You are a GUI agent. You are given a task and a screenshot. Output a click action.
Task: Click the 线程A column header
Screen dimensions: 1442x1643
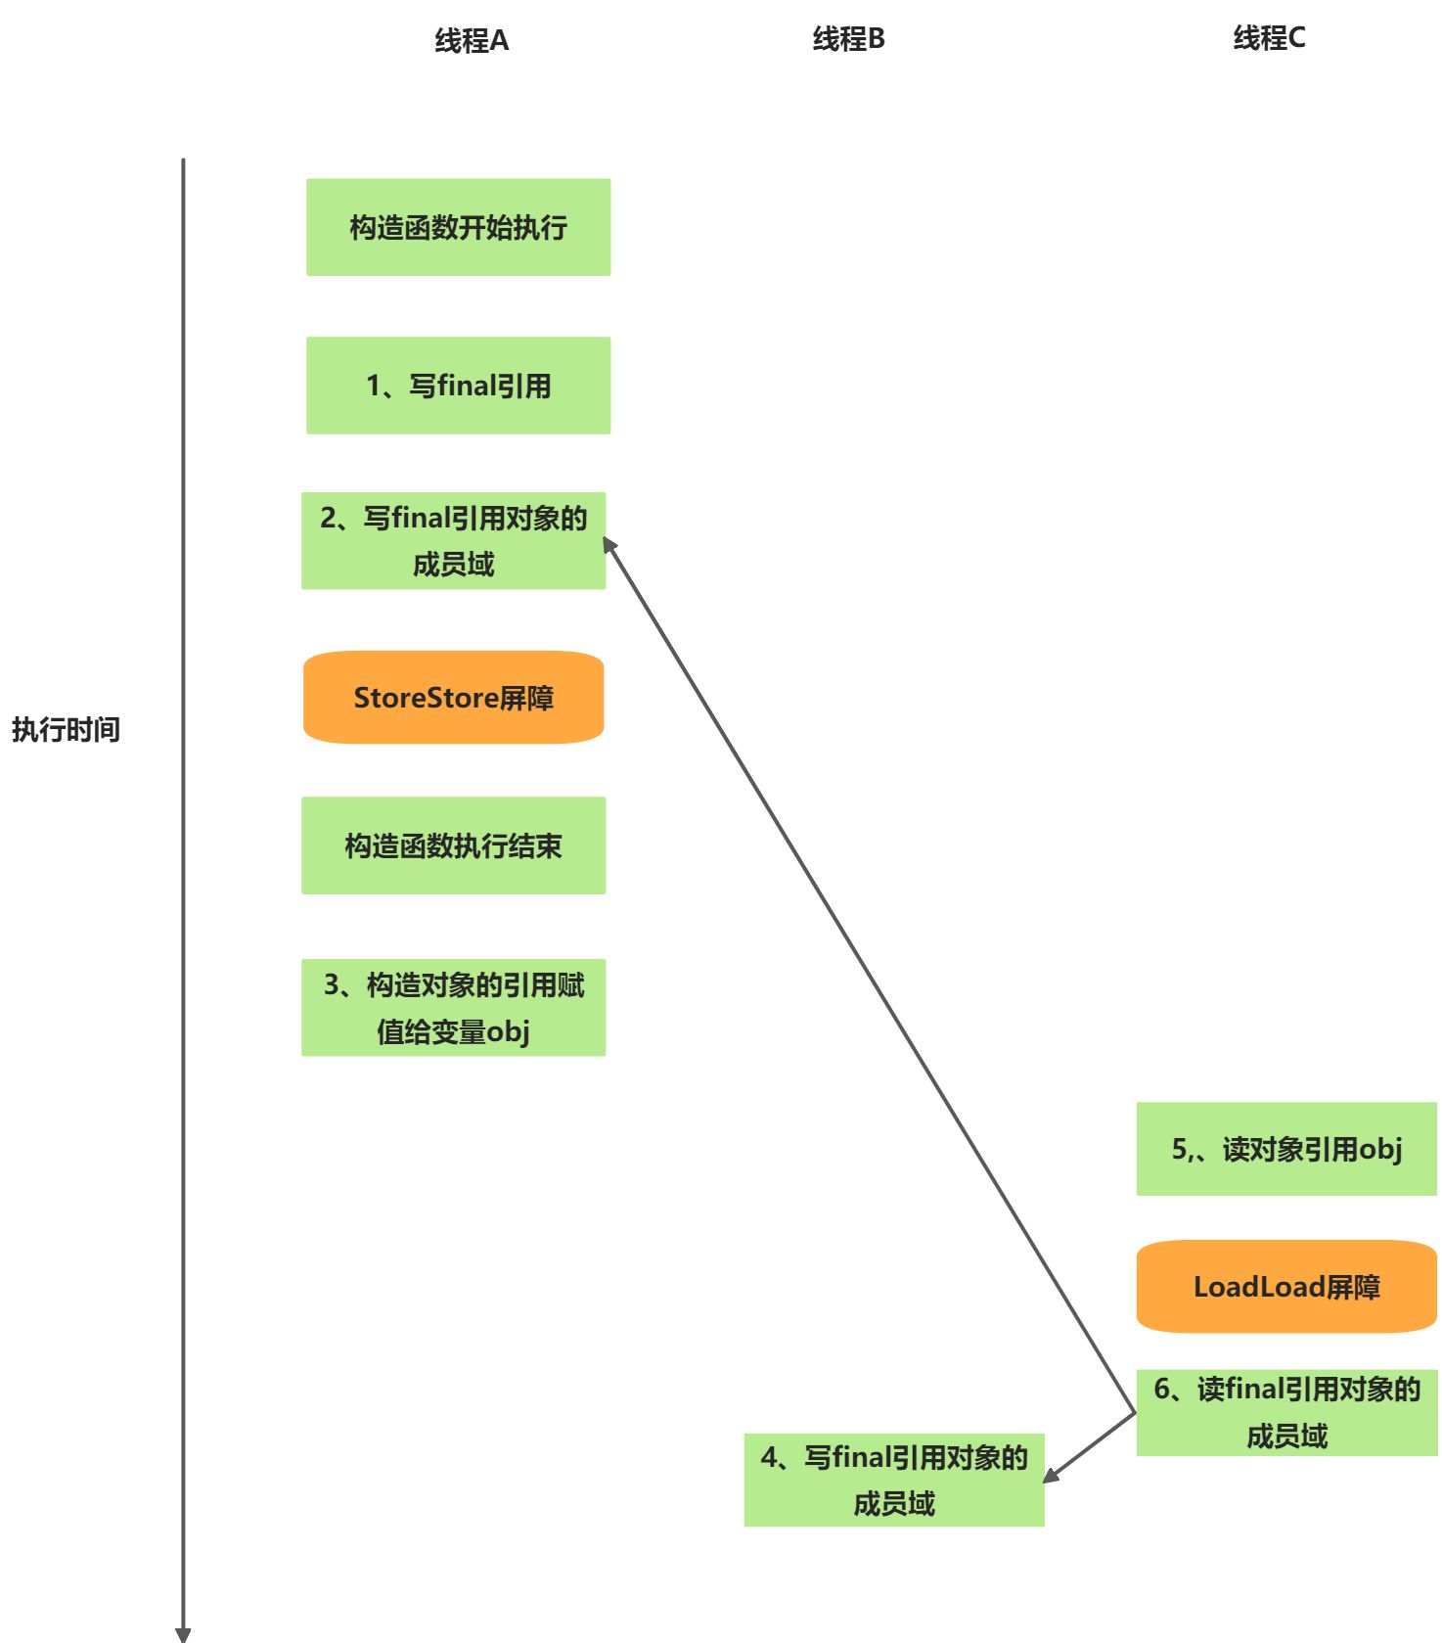pyautogui.click(x=472, y=41)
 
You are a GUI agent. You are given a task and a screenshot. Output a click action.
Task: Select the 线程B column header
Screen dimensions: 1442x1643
pyautogui.click(x=848, y=39)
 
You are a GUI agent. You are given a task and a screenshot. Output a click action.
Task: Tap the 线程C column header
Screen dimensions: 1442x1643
pyautogui.click(x=1269, y=38)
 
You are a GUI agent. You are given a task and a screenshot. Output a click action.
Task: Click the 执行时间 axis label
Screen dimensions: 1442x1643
pyautogui.click(x=66, y=730)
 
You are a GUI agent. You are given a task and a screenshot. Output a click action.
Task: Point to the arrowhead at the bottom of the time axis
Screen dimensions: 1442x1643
pyautogui.click(x=183, y=1634)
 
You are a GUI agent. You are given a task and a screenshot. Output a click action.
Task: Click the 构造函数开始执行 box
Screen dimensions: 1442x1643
pyautogui.click(x=458, y=227)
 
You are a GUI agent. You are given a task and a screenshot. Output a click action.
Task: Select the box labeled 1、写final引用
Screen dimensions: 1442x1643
pyautogui.click(x=458, y=386)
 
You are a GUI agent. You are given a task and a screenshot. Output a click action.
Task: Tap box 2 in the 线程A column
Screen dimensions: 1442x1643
pyautogui.click(x=453, y=541)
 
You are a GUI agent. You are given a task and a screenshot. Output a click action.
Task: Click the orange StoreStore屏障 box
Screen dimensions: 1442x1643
pyautogui.click(x=453, y=698)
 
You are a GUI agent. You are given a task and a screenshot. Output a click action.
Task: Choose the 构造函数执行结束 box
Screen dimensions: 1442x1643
pyautogui.click(x=453, y=845)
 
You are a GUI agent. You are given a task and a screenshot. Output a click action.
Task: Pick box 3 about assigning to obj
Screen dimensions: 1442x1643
pyautogui.click(x=453, y=1008)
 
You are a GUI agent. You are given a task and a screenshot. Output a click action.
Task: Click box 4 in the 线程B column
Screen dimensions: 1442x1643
pyautogui.click(x=894, y=1481)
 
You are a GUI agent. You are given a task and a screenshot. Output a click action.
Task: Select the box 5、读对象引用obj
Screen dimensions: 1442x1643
pyautogui.click(x=1286, y=1149)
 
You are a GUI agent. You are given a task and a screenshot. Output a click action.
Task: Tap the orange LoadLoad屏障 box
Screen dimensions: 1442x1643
pyautogui.click(x=1286, y=1287)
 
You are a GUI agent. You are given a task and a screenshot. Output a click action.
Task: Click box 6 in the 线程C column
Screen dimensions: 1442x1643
pyautogui.click(x=1286, y=1413)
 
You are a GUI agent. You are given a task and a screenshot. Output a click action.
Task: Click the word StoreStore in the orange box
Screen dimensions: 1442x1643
pyautogui.click(x=426, y=698)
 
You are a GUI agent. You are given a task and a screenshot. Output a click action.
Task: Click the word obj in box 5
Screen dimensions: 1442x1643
pyautogui.click(x=1380, y=1150)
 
